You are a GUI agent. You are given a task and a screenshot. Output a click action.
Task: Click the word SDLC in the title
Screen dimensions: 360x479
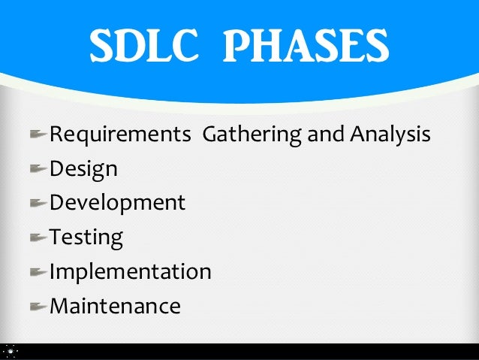[140, 47]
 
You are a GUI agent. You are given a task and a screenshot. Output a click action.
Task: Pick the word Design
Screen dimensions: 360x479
[83, 170]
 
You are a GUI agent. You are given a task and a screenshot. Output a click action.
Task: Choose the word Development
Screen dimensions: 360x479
[117, 204]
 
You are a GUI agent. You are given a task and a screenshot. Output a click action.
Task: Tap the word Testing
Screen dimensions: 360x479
[86, 238]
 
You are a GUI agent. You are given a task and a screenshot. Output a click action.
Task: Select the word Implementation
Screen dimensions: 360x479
[130, 272]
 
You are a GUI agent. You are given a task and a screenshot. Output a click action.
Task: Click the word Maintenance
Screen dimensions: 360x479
[115, 306]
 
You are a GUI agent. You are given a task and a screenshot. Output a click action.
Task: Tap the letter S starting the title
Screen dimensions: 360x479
[101, 47]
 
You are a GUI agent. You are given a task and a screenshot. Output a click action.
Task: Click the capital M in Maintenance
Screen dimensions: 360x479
[59, 306]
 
